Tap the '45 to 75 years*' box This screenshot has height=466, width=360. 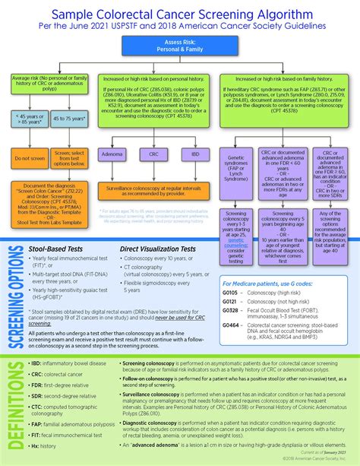tap(69, 118)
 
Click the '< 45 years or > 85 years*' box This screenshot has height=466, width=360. tap(27, 118)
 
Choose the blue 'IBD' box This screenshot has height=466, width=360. tap(195, 154)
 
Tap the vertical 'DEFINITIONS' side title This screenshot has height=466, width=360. tap(14, 407)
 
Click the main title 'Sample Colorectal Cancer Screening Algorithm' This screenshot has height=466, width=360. tap(180, 14)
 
